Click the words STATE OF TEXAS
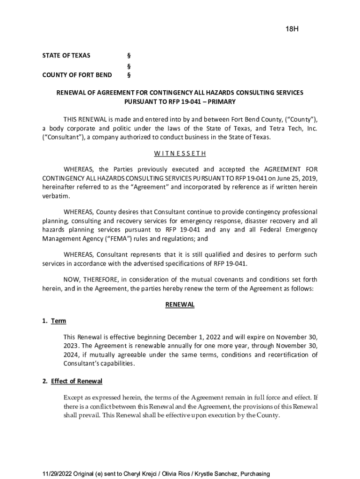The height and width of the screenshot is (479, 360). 66,56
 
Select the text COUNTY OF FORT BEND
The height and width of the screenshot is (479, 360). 77,75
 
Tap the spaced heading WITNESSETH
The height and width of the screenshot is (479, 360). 180,153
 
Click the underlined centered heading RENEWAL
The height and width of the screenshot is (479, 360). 180,305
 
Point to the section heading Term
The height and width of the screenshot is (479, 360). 58,321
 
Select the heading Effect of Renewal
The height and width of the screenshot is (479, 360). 77,381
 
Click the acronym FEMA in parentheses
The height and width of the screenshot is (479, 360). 118,239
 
